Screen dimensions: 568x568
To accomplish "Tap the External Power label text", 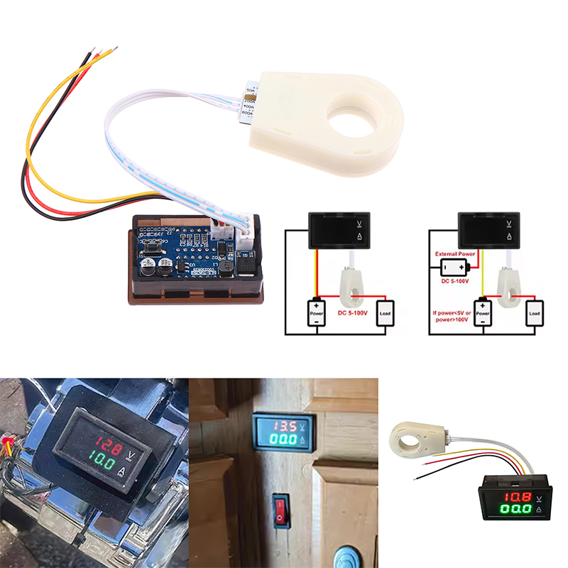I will [x=456, y=253].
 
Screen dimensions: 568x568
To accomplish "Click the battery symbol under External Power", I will [x=456, y=267].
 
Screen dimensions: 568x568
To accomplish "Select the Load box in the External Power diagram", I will [x=535, y=312].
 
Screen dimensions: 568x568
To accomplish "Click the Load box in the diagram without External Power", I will [x=385, y=312].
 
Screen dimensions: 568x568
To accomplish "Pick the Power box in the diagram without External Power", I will [x=317, y=312].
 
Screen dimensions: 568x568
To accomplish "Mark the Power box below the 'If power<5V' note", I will [x=483, y=312].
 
